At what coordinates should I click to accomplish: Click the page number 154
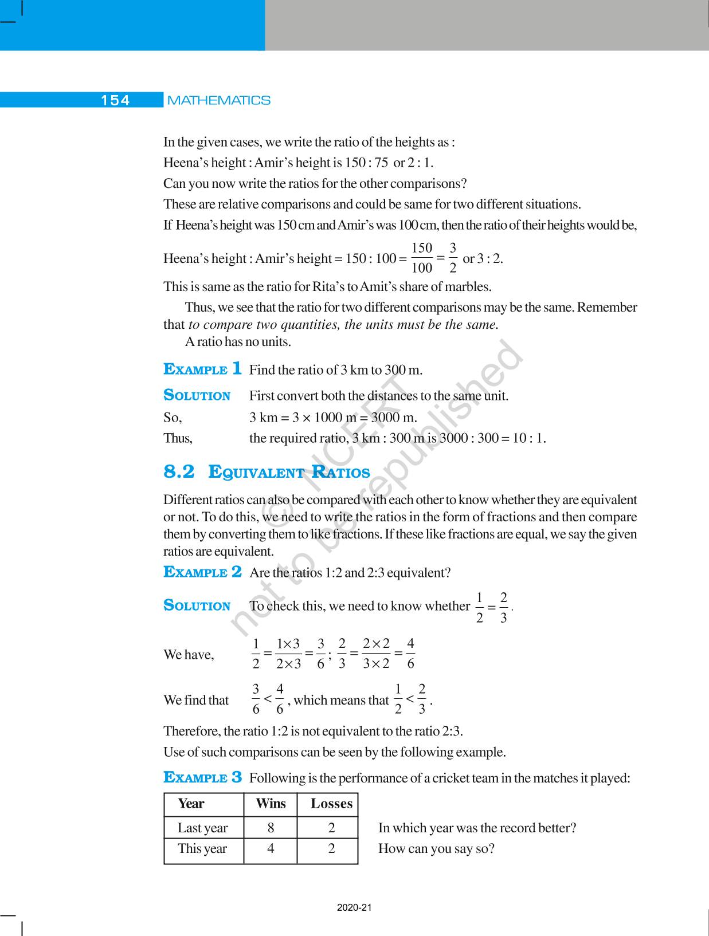pyautogui.click(x=115, y=100)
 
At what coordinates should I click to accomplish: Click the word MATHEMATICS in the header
pyautogui.click(x=218, y=100)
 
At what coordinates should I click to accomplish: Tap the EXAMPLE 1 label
pyautogui.click(x=202, y=369)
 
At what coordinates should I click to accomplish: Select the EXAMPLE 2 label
pyautogui.click(x=202, y=572)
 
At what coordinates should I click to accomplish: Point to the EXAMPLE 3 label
pyautogui.click(x=202, y=777)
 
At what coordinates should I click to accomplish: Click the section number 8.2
pyautogui.click(x=179, y=472)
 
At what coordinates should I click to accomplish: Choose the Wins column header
pyautogui.click(x=271, y=804)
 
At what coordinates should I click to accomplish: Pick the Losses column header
pyautogui.click(x=331, y=804)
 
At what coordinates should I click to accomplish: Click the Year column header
pyautogui.click(x=191, y=804)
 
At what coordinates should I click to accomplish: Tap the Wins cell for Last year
pyautogui.click(x=271, y=828)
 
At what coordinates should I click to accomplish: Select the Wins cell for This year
pyautogui.click(x=271, y=848)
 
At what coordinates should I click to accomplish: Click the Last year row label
pyautogui.click(x=202, y=828)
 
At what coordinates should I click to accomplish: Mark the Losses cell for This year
pyautogui.click(x=331, y=848)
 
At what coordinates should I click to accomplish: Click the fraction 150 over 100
pyautogui.click(x=422, y=258)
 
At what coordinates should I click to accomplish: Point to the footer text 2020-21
pyautogui.click(x=354, y=907)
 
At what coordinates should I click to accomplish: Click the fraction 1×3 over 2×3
pyautogui.click(x=288, y=654)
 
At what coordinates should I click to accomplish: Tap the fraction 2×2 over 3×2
pyautogui.click(x=376, y=654)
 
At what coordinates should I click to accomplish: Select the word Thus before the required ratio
pyautogui.click(x=178, y=438)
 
